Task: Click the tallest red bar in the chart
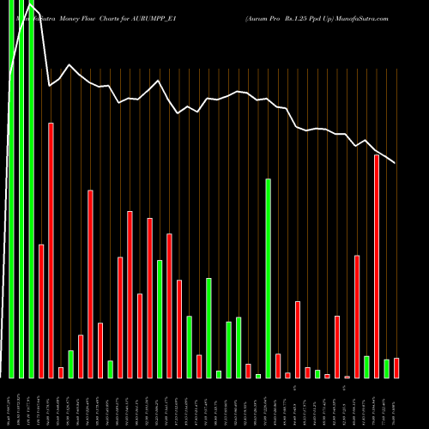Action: (x=51, y=250)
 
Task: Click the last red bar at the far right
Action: (x=396, y=368)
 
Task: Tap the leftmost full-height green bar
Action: (x=11, y=189)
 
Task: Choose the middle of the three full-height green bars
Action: (x=21, y=189)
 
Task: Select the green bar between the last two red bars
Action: (x=386, y=368)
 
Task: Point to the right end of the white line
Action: (x=395, y=162)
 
